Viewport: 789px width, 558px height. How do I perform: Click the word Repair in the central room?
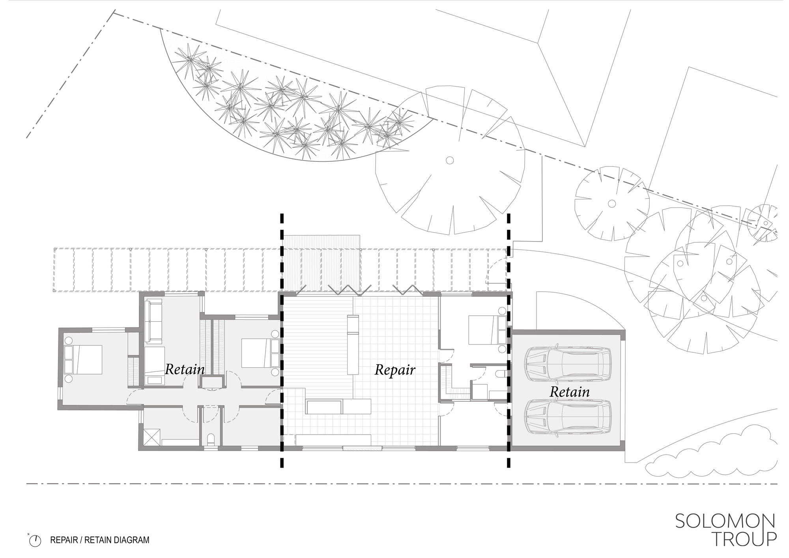tap(394, 370)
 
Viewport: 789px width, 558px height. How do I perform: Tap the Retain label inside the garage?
tap(570, 392)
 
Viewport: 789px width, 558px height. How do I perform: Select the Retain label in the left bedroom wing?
tap(185, 369)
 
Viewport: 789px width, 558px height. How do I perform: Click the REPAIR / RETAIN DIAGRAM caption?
tap(99, 540)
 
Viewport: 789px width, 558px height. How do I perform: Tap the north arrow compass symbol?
tap(36, 540)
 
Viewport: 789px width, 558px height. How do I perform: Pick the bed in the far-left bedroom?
tap(84, 360)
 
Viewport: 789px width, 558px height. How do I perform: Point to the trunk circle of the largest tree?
tap(449, 160)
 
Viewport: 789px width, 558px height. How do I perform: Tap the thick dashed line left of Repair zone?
tap(282, 339)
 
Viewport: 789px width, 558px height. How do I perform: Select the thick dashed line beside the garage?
tap(509, 339)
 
